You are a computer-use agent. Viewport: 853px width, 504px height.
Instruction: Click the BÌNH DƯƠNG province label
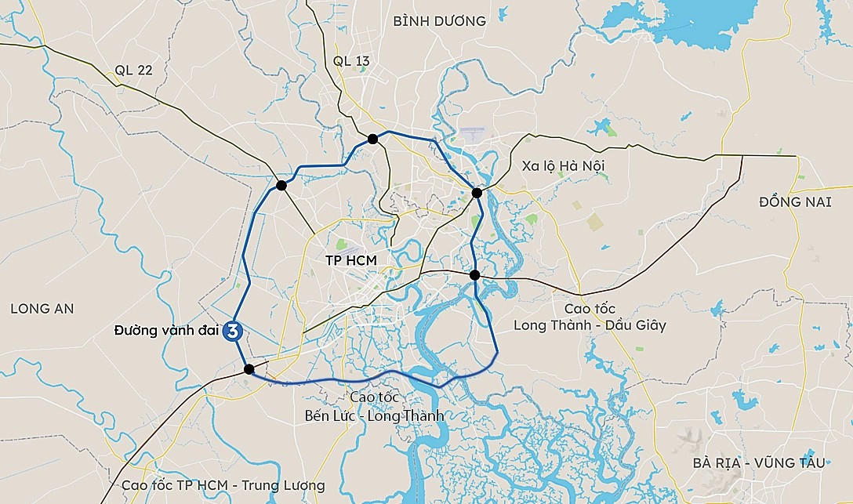pyautogui.click(x=439, y=21)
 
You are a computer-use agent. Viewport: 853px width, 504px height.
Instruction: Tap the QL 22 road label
pyautogui.click(x=133, y=70)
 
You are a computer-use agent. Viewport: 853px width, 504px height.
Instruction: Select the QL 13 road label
pyautogui.click(x=350, y=61)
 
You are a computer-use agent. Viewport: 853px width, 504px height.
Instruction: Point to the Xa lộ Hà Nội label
pyautogui.click(x=563, y=165)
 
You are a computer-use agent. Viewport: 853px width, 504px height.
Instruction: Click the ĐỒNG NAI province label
pyautogui.click(x=794, y=202)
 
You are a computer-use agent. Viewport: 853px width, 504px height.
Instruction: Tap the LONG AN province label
pyautogui.click(x=42, y=309)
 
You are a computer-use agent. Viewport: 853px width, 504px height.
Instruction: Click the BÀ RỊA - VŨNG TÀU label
pyautogui.click(x=759, y=463)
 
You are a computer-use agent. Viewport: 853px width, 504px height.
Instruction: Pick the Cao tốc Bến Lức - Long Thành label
pyautogui.click(x=374, y=407)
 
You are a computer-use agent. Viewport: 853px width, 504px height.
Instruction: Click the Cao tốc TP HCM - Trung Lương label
pyautogui.click(x=223, y=485)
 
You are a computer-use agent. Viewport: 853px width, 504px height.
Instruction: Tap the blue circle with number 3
pyautogui.click(x=233, y=332)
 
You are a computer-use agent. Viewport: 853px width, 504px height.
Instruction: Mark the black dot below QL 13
pyautogui.click(x=373, y=139)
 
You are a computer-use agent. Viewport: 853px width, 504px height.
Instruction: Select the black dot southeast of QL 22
pyautogui.click(x=281, y=186)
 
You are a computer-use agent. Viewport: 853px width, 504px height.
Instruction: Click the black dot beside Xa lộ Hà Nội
pyautogui.click(x=477, y=192)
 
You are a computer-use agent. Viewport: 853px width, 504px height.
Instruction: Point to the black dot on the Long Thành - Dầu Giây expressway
pyautogui.click(x=475, y=275)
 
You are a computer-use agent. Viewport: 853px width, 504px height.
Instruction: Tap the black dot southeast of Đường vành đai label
pyautogui.click(x=249, y=369)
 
